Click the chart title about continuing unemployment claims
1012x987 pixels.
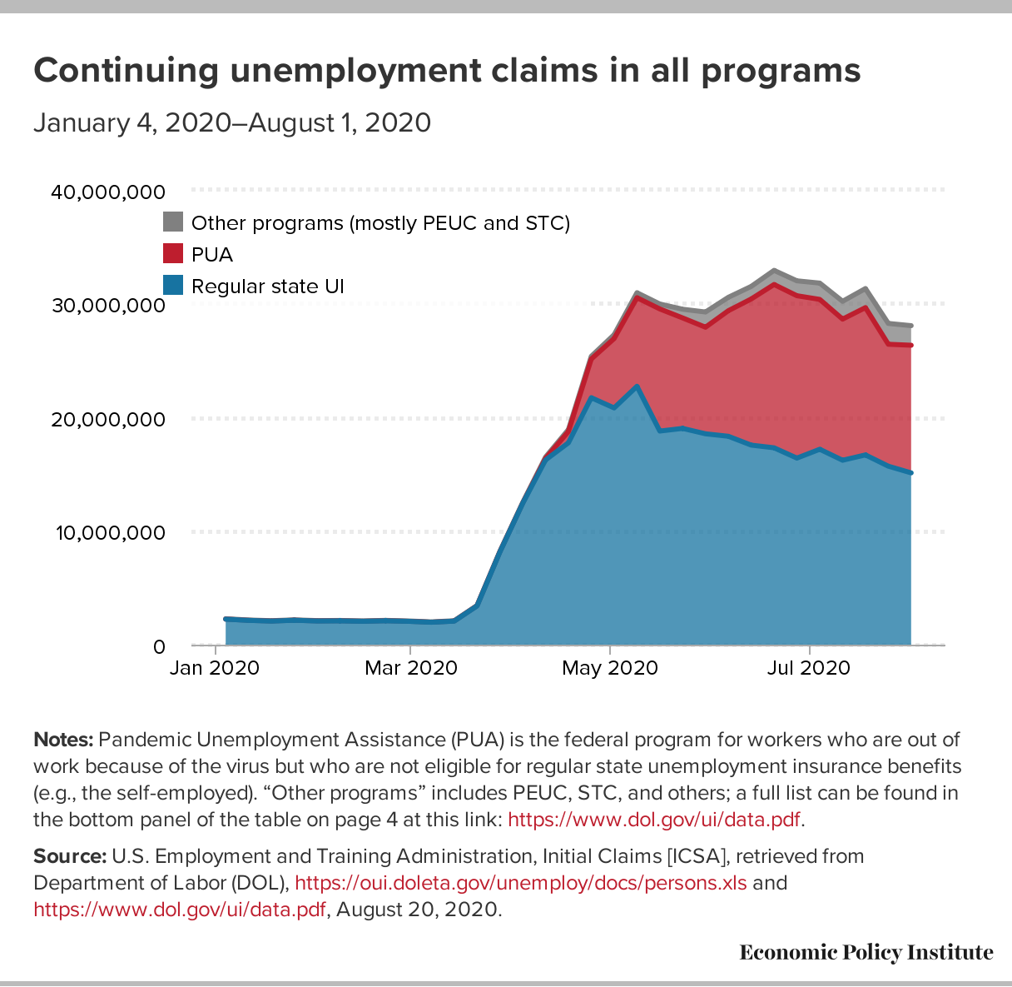point(447,71)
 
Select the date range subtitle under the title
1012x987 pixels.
point(232,122)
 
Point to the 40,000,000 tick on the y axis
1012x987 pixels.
point(108,192)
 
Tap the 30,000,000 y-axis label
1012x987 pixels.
point(108,306)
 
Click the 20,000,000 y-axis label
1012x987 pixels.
point(108,419)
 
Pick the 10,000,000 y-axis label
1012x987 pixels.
point(110,532)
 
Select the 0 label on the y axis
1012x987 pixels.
point(159,646)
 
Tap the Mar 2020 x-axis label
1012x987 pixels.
point(411,668)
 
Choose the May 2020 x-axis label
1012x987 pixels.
point(611,668)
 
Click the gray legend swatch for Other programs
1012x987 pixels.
point(172,222)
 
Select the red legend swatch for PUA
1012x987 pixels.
point(172,253)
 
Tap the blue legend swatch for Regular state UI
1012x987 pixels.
point(172,285)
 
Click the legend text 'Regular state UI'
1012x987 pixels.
point(267,287)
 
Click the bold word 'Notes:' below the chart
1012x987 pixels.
point(63,740)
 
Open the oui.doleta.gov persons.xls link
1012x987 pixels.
point(521,883)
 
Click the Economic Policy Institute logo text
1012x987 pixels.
point(866,952)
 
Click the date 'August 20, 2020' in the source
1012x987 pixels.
point(419,909)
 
